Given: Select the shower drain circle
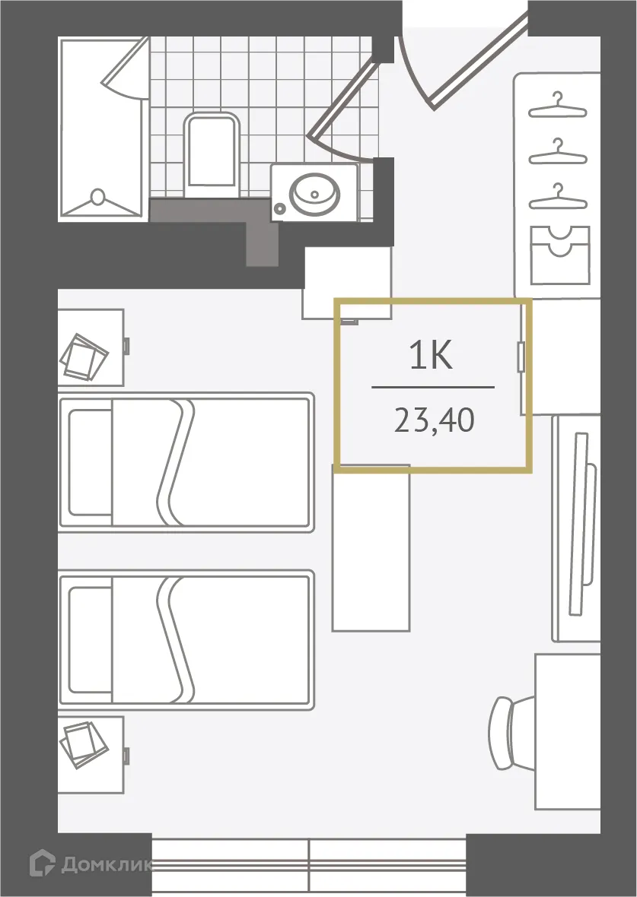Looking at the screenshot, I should pos(97,198).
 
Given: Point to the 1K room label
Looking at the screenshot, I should pos(431,357).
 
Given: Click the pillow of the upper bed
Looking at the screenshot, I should pos(90,462).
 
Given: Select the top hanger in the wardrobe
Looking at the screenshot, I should pos(558,106).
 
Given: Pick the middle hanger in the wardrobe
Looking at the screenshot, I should pos(558,152).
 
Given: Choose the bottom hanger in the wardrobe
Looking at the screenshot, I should pos(558,198).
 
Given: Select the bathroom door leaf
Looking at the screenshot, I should pos(342,99).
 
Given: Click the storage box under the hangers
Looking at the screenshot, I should pos(559,255).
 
